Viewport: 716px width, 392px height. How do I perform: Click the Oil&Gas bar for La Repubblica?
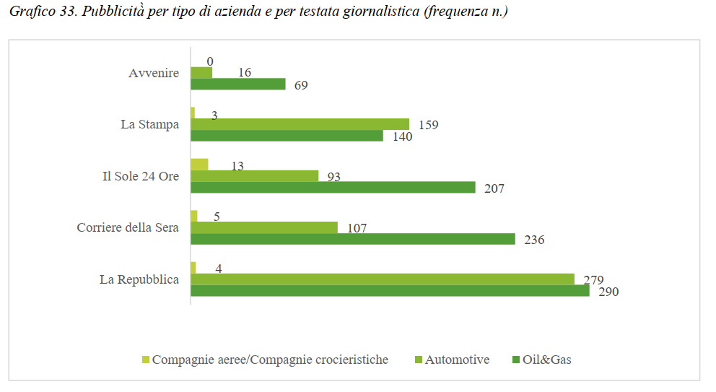[x=390, y=290]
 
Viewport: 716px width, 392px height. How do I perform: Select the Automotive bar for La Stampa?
[x=300, y=124]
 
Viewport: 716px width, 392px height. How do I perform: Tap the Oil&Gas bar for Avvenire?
[x=238, y=84]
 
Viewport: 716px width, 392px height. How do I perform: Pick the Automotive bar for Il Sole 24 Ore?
[x=254, y=176]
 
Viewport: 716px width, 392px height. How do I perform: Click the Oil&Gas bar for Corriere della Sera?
[x=352, y=239]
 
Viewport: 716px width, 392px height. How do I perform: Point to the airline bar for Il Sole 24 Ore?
[x=199, y=165]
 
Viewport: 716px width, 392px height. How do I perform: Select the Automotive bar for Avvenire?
[x=201, y=73]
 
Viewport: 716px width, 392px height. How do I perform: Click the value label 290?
[x=608, y=292]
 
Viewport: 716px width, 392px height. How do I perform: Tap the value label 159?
[x=428, y=125]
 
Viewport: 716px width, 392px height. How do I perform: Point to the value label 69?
[x=301, y=85]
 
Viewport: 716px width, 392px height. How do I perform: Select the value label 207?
[x=494, y=188]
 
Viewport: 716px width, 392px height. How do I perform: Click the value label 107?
[x=357, y=228]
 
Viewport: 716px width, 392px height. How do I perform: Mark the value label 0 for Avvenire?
[x=210, y=62]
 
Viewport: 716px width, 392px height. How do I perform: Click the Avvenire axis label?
[x=153, y=73]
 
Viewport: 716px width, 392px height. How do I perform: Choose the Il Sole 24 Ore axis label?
[x=140, y=176]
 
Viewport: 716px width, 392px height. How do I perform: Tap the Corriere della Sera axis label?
[x=128, y=227]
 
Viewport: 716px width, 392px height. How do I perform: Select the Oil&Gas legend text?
[x=548, y=360]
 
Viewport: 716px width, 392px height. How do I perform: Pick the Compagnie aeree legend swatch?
[x=145, y=360]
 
